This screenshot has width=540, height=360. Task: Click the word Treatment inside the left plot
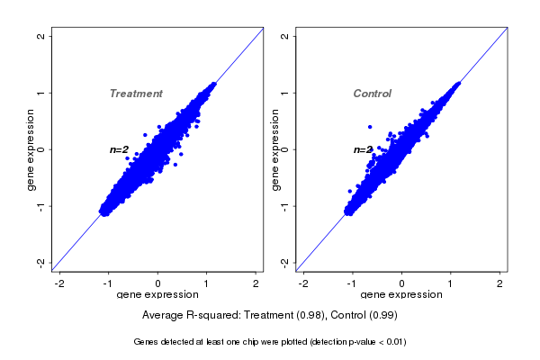pyautogui.click(x=136, y=94)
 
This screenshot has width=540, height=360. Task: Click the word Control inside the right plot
pyautogui.click(x=373, y=94)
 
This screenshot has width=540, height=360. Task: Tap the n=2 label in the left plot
pyautogui.click(x=120, y=149)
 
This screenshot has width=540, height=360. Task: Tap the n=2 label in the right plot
pyautogui.click(x=363, y=150)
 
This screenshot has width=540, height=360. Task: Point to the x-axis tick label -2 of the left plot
pyautogui.click(x=60, y=283)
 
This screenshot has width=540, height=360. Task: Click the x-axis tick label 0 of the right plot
pyautogui.click(x=402, y=283)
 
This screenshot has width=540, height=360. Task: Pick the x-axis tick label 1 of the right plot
pyautogui.click(x=452, y=283)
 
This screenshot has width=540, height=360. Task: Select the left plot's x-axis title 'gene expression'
pyautogui.click(x=157, y=295)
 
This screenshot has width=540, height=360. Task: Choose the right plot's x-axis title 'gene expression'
pyautogui.click(x=401, y=295)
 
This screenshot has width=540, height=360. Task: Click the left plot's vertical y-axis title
pyautogui.click(x=31, y=149)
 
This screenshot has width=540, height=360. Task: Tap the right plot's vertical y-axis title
pyautogui.click(x=275, y=149)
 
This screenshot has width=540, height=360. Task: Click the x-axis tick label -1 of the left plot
pyautogui.click(x=108, y=283)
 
